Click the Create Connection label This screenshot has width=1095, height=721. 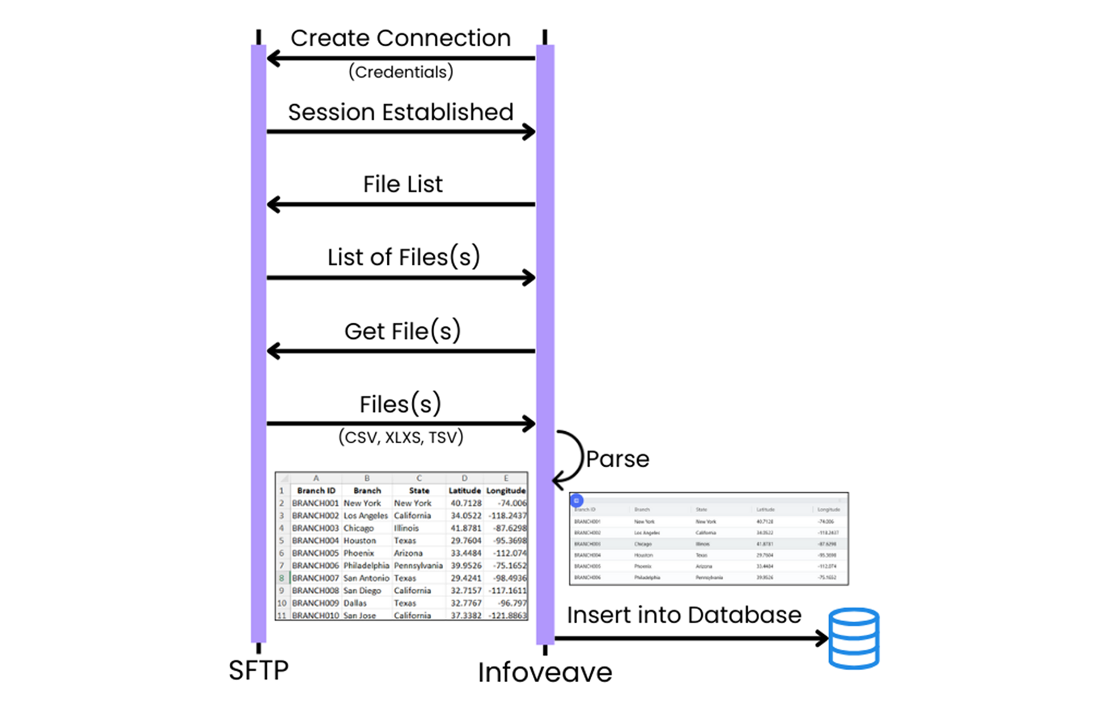401,38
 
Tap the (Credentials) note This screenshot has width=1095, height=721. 401,72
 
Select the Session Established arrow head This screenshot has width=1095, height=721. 529,132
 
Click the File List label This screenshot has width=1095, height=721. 403,184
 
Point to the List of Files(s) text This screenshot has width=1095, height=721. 403,257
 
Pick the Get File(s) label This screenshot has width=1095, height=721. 402,331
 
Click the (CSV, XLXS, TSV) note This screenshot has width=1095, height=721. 401,437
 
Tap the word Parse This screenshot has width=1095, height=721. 617,459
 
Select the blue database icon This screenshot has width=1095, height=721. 854,638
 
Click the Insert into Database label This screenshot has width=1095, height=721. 684,615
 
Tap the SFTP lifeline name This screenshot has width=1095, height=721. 259,670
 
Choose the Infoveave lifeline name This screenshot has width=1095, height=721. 545,672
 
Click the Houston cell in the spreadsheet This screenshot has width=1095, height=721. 359,541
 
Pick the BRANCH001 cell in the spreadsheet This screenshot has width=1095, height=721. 315,504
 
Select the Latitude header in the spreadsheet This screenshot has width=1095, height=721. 465,490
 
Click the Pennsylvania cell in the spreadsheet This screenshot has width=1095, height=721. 418,566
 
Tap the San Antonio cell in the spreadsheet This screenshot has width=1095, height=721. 366,578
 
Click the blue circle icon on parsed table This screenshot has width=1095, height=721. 577,501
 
